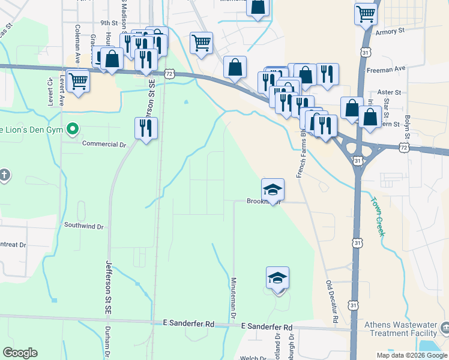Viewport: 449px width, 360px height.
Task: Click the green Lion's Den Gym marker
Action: tap(73, 128)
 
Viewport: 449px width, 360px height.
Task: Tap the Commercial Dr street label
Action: tap(105, 144)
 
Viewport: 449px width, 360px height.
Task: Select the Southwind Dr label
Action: tap(84, 226)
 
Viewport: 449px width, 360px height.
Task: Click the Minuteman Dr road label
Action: tap(234, 298)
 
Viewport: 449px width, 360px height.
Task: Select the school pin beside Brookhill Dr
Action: tap(273, 190)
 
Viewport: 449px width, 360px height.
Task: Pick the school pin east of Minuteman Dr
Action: tap(277, 278)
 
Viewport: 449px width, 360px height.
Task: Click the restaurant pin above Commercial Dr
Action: tap(146, 128)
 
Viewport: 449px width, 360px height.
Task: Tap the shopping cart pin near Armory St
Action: tap(366, 14)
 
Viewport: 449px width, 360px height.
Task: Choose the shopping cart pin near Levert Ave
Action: tap(78, 81)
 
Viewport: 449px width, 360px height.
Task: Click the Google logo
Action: tap(20, 353)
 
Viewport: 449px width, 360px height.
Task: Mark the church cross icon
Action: tap(4, 175)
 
